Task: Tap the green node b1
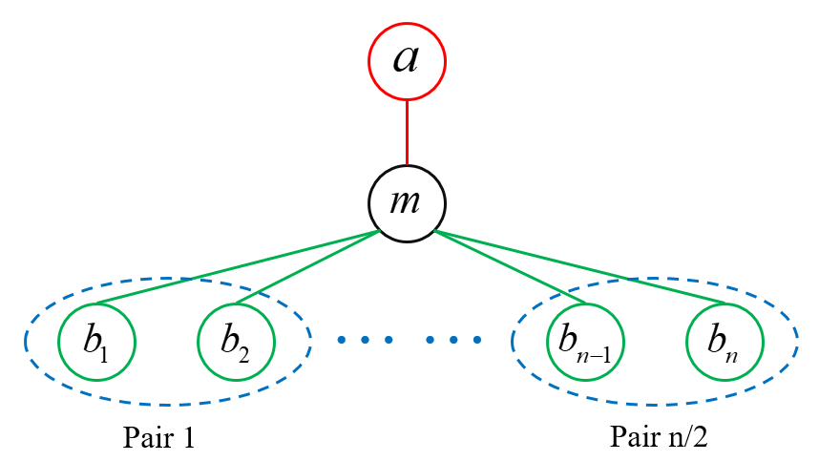pos(96,342)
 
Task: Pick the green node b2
pos(237,342)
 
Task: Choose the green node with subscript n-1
pos(585,342)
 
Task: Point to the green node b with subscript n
pos(724,342)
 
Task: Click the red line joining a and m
pos(408,134)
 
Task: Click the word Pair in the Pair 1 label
pos(147,438)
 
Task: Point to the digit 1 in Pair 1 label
pos(188,438)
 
